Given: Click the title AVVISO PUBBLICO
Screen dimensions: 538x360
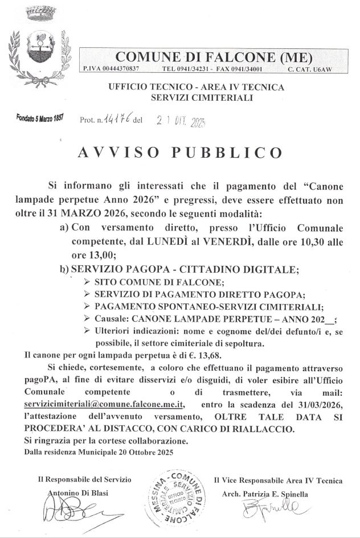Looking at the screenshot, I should point(180,153).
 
